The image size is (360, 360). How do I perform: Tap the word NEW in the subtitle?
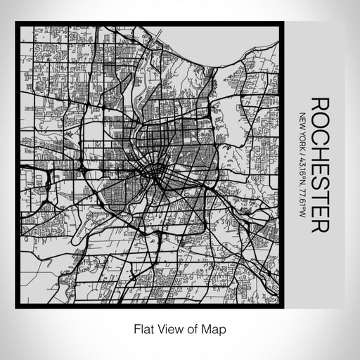coord(302,120)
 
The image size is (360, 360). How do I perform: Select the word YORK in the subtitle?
coord(302,136)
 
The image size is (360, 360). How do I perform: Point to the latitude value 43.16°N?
coord(302,165)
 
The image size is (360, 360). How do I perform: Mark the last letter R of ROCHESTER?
coord(319,225)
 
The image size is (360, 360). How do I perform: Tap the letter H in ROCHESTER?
coord(319,150)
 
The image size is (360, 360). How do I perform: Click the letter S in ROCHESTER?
coord(319,180)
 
